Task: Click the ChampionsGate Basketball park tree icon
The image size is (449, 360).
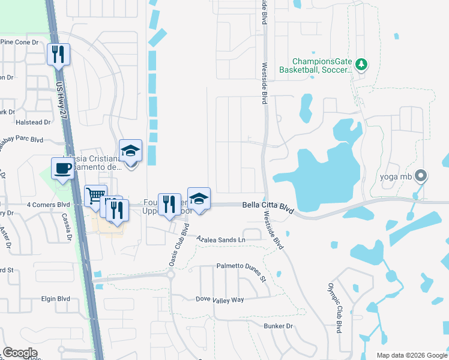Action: (x=361, y=64)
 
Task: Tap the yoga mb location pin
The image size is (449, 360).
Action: (x=421, y=176)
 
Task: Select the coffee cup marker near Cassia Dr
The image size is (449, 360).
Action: (x=62, y=169)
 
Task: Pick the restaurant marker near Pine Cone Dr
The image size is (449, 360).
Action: (x=59, y=55)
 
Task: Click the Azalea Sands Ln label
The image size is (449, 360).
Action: (x=221, y=239)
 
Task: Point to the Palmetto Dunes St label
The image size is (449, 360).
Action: (x=241, y=271)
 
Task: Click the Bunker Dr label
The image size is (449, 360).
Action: (x=277, y=326)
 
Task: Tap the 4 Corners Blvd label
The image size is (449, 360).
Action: (x=48, y=205)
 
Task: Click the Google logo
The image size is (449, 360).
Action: (x=20, y=353)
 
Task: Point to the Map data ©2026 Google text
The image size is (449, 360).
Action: (x=411, y=355)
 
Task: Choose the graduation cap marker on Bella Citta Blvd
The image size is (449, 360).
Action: (x=199, y=198)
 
